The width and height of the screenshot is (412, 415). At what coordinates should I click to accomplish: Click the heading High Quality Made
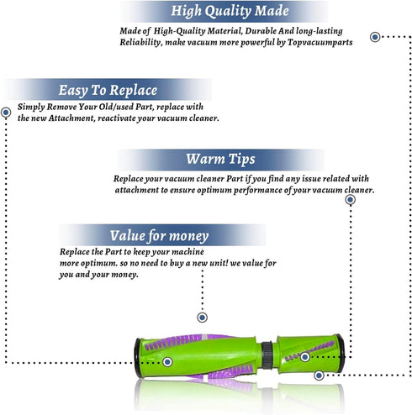pyautogui.click(x=230, y=11)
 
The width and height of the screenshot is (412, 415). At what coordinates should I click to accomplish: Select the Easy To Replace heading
pyautogui.click(x=108, y=91)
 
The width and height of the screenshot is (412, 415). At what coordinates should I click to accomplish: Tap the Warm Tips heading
pyautogui.click(x=220, y=159)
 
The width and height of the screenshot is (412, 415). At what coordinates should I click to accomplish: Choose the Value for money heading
pyautogui.click(x=159, y=236)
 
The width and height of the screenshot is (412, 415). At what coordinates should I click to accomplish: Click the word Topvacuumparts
pyautogui.click(x=320, y=43)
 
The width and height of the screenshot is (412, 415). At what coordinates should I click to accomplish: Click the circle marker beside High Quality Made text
pyautogui.click(x=375, y=37)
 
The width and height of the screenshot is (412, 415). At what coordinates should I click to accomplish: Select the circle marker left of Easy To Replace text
pyautogui.click(x=6, y=113)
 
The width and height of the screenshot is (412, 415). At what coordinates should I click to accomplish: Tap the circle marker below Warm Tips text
pyautogui.click(x=350, y=200)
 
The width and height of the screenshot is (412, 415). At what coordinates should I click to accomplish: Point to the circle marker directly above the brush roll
pyautogui.click(x=202, y=318)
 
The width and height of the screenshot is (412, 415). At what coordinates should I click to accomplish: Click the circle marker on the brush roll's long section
pyautogui.click(x=167, y=362)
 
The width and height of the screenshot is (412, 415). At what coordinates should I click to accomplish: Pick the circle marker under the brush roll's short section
pyautogui.click(x=319, y=376)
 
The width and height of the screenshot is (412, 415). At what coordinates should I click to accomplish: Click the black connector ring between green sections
pyautogui.click(x=267, y=355)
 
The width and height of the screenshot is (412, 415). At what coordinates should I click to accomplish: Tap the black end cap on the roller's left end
pyautogui.click(x=137, y=358)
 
